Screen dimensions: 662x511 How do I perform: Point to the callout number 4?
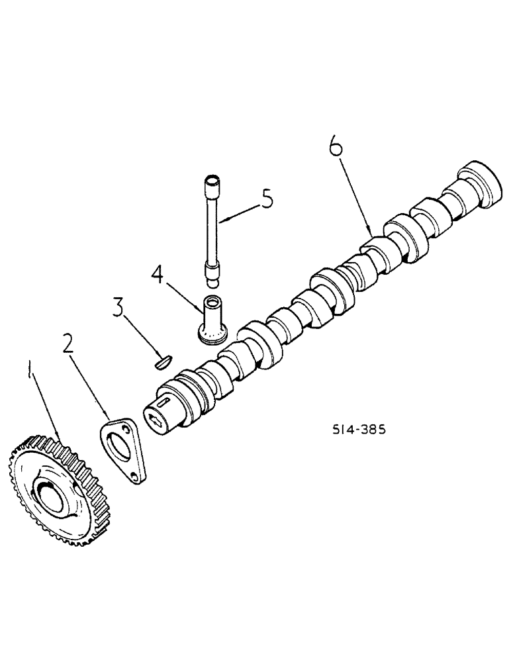(157, 273)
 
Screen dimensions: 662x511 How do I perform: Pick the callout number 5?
(266, 199)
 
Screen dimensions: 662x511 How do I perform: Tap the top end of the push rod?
(211, 179)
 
